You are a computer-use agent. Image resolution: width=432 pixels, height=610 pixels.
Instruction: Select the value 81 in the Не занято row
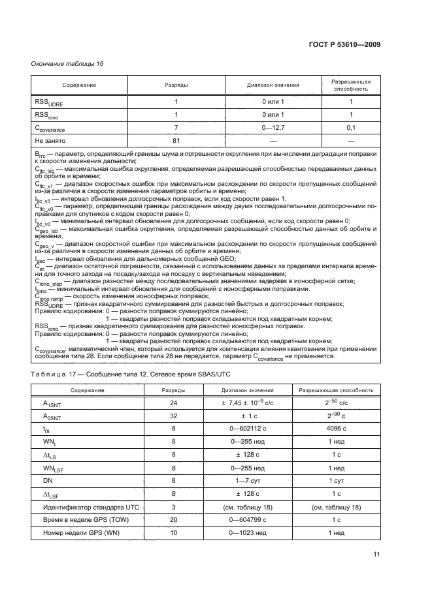(176, 140)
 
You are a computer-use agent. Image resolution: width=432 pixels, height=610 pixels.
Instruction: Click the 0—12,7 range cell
(273, 128)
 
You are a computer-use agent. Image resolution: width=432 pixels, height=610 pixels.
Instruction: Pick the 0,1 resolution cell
(351, 128)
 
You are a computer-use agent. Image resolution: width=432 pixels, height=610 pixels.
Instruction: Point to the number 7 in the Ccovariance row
(176, 128)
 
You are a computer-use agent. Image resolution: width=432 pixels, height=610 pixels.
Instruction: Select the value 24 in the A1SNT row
(173, 404)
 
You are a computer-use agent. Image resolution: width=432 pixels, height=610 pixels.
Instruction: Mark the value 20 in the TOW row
(173, 519)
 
